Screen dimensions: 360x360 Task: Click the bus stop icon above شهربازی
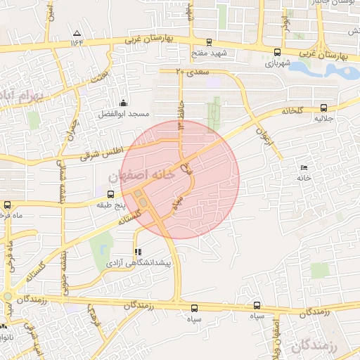pyautogui.click(x=277, y=52)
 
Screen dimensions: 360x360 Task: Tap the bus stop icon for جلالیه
pyautogui.click(x=323, y=108)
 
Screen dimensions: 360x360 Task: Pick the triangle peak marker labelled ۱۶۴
pyautogui.click(x=77, y=33)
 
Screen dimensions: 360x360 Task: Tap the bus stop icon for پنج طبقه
pyautogui.click(x=110, y=193)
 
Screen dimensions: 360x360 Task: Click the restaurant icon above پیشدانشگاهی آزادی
pyautogui.click(x=137, y=251)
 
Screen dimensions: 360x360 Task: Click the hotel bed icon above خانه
pyautogui.click(x=303, y=167)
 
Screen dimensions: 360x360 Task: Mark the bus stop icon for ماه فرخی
pyautogui.click(x=7, y=205)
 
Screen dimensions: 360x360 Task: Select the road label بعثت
pyautogui.click(x=103, y=73)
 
